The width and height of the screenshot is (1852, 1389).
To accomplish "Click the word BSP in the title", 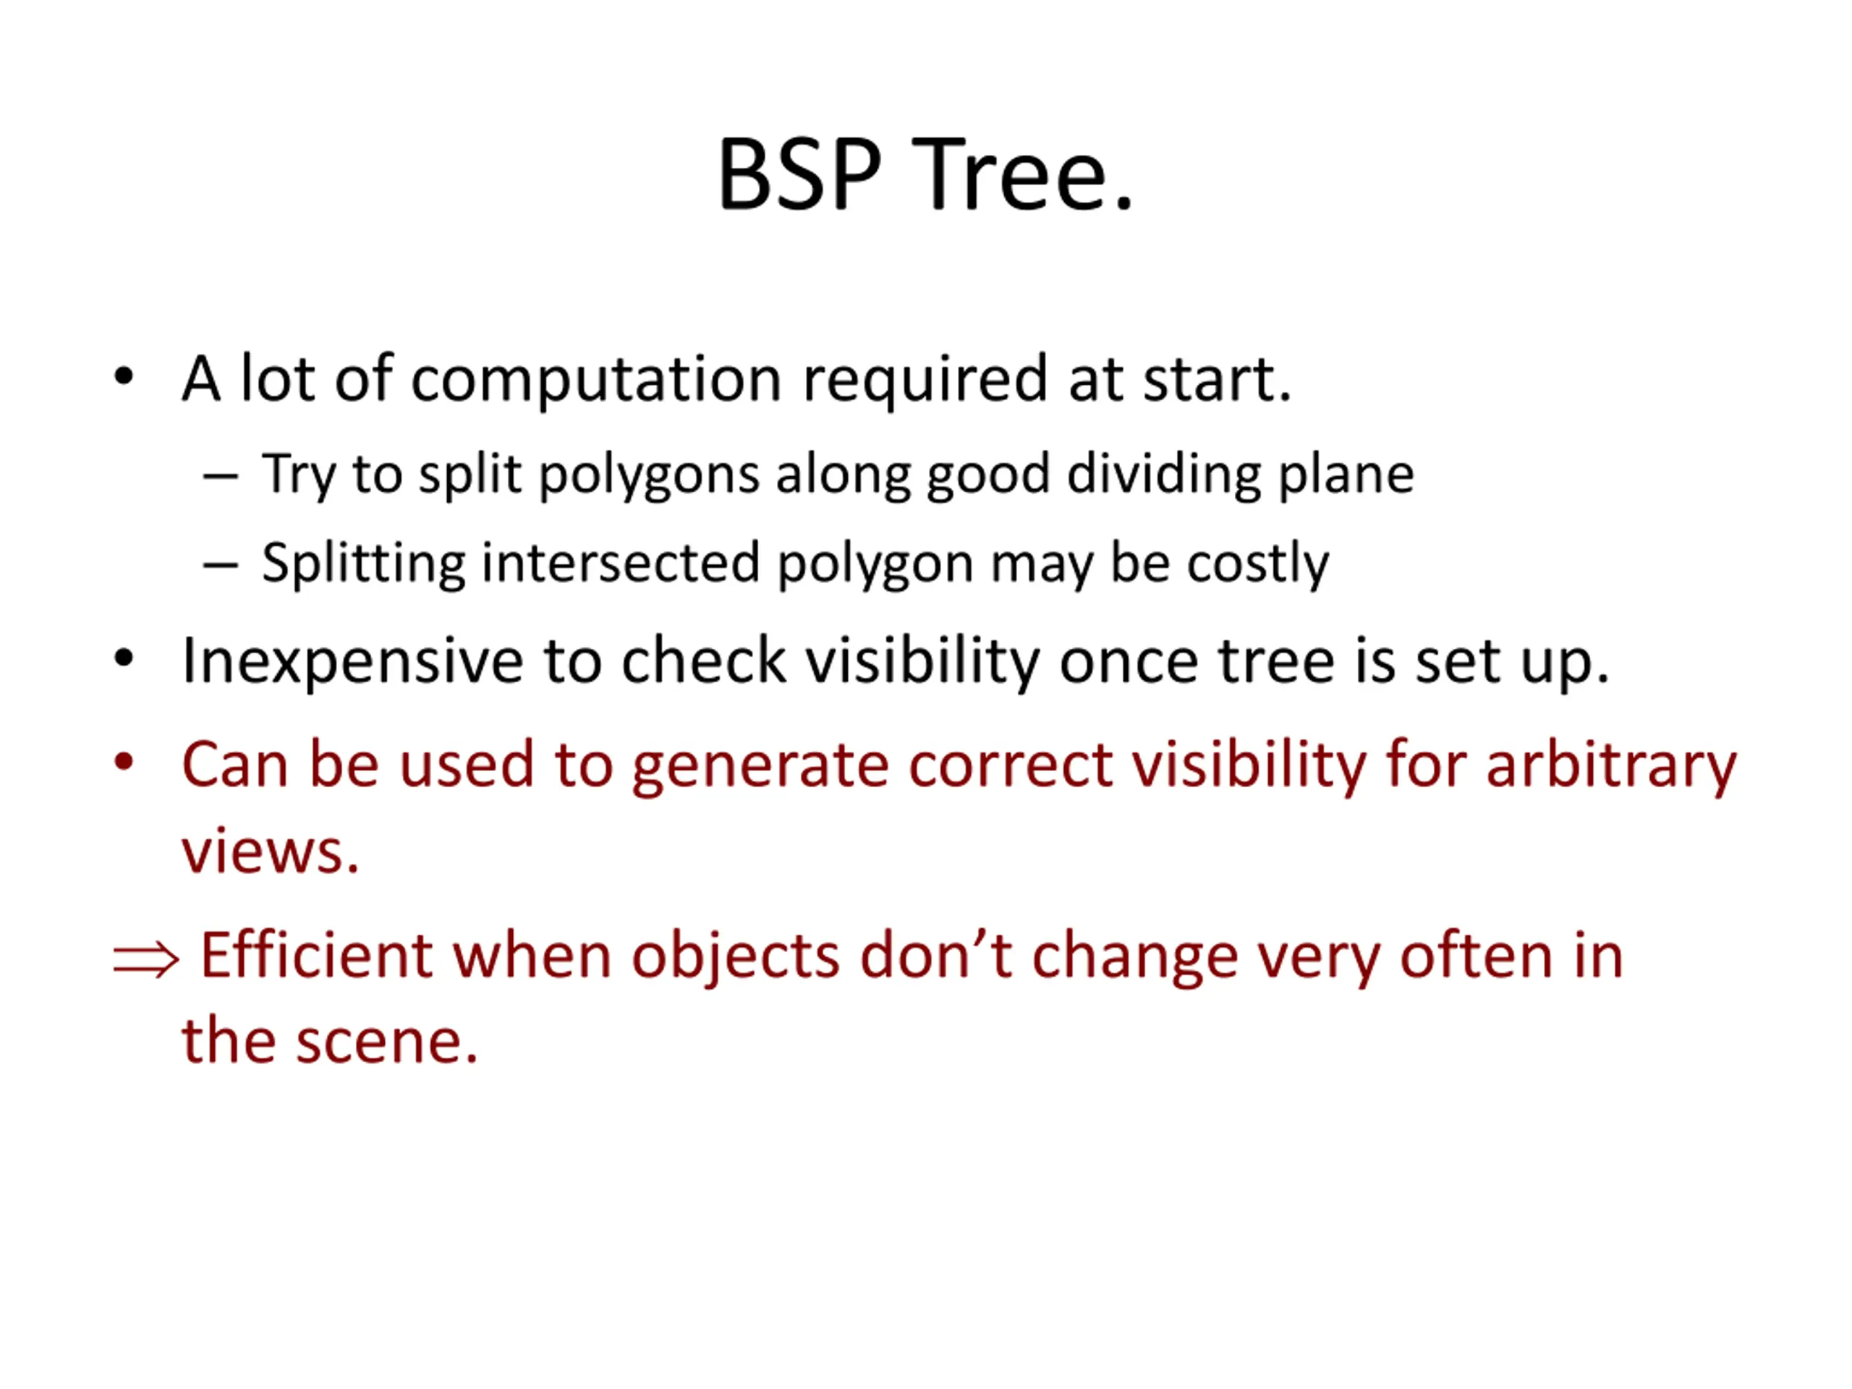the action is (799, 175).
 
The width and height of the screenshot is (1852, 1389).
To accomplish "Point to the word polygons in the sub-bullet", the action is (647, 475).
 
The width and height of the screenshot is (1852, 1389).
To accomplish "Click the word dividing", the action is (1163, 475).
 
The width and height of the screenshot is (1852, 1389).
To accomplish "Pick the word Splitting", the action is (363, 564).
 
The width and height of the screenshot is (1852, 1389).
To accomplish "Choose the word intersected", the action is (621, 562).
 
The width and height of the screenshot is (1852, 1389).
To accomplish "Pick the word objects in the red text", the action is (735, 958).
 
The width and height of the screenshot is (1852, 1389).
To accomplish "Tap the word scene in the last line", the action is (387, 1042).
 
